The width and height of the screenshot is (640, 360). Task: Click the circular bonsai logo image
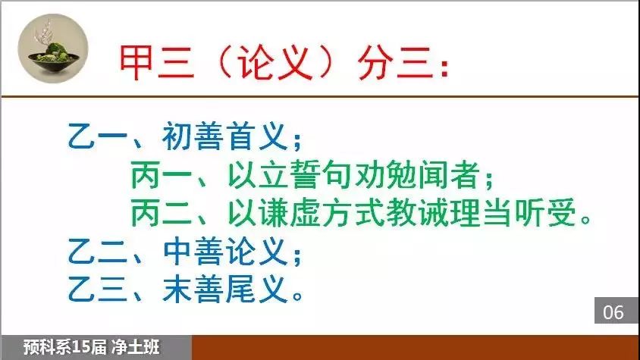[x=53, y=49]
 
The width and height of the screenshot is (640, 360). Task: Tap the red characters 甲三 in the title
[x=157, y=62]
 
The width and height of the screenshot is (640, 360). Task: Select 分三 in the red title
[x=395, y=62]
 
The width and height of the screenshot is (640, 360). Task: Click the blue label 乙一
[x=98, y=136]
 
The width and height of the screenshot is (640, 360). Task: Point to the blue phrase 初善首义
[x=225, y=136]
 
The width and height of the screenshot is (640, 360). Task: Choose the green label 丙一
[x=162, y=175]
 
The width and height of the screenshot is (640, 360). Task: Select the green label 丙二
[x=162, y=213]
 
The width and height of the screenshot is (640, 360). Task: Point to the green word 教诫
[x=418, y=213]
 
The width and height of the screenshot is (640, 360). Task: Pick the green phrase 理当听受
[x=513, y=213]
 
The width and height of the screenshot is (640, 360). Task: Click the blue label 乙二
[x=98, y=252]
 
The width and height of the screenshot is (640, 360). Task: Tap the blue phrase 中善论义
[x=225, y=252]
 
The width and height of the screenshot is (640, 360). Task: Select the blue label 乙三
[x=98, y=290]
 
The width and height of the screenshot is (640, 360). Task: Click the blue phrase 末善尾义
[x=225, y=290]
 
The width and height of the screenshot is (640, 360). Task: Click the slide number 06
[x=613, y=313]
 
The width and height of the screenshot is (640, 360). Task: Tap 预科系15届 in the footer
[x=64, y=347]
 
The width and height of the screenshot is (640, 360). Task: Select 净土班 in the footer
[x=135, y=347]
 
